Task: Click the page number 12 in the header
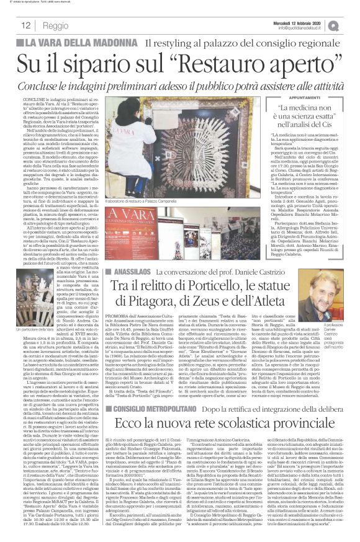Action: [x=27, y=25]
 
